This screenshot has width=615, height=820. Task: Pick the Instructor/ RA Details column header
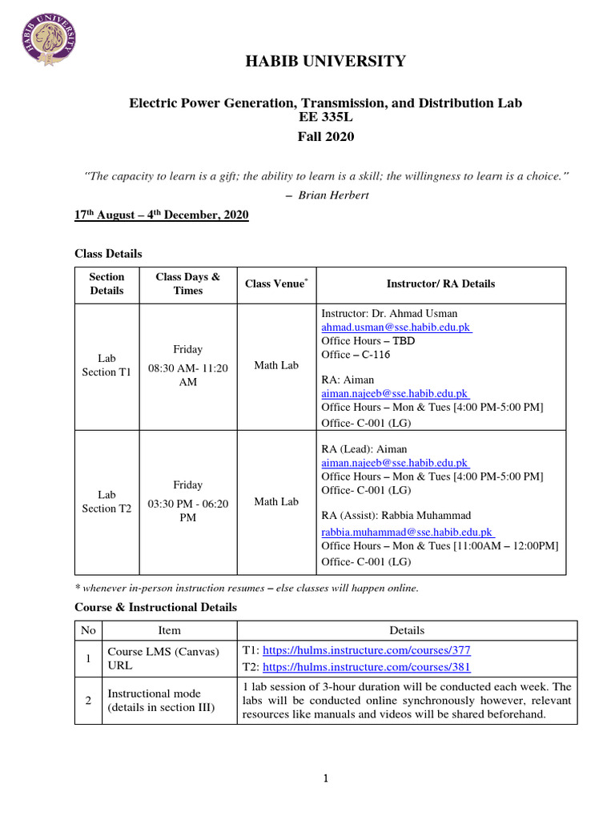440,283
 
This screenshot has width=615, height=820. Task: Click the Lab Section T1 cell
107,365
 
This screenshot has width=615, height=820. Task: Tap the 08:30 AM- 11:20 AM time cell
188,375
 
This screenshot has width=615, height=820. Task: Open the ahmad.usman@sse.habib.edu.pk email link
396,328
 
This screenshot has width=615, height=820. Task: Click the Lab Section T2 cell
107,502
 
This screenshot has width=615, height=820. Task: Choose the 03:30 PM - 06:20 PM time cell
188,510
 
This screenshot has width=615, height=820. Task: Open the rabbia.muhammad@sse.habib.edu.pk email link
407,531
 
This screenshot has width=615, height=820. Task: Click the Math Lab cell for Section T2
276,502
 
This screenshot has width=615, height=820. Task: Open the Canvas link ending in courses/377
366,652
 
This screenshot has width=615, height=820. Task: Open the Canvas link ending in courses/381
366,667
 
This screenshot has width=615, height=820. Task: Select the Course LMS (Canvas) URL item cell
163,659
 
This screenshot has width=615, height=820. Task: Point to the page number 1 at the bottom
326,778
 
